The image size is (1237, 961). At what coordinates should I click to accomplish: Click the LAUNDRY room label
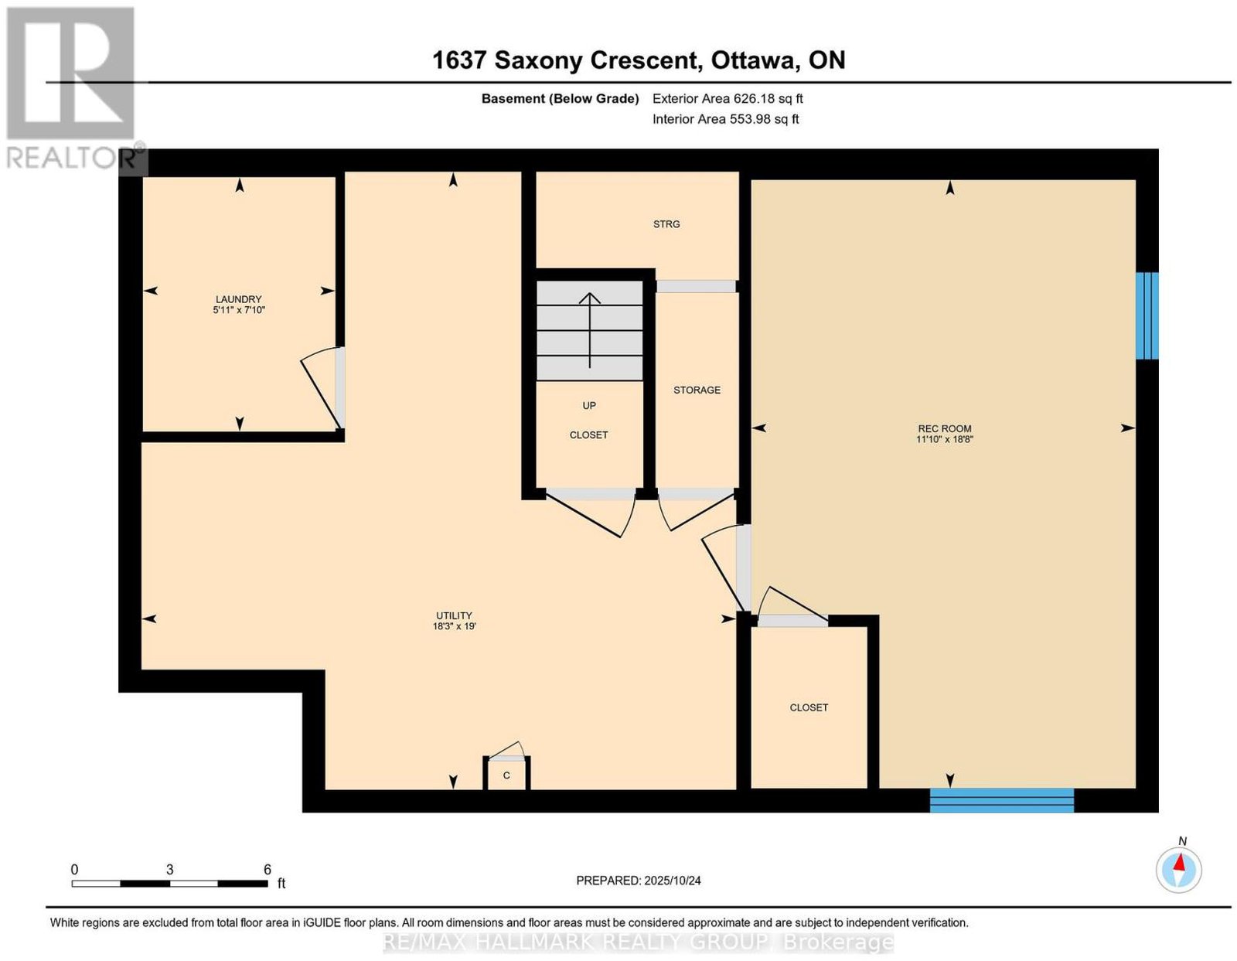[x=239, y=298]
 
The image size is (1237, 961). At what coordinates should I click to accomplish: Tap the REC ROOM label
[x=945, y=428]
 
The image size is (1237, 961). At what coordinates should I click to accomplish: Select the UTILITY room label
[x=454, y=615]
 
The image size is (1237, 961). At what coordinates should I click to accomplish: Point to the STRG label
[x=666, y=224]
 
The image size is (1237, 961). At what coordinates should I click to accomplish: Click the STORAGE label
[x=697, y=390]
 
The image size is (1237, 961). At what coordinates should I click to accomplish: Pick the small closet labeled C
[x=506, y=775]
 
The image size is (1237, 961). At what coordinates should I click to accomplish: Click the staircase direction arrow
[x=590, y=330]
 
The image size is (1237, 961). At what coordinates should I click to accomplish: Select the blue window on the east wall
[x=1147, y=315]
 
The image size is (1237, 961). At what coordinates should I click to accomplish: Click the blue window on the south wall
[x=1002, y=800]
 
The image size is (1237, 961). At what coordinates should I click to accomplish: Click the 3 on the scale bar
[x=169, y=870]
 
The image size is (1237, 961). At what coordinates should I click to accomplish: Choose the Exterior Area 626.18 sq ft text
[x=728, y=98]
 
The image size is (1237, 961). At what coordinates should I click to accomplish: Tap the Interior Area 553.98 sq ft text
[x=726, y=119]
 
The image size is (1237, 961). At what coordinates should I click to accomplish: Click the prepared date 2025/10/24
[x=673, y=880]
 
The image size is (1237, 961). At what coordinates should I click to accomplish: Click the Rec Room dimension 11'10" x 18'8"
[x=945, y=439]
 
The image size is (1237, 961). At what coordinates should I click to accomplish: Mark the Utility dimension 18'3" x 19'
[x=454, y=626]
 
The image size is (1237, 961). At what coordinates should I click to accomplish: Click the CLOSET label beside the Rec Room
[x=809, y=707]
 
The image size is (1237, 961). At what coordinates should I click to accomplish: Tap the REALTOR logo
[x=74, y=88]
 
